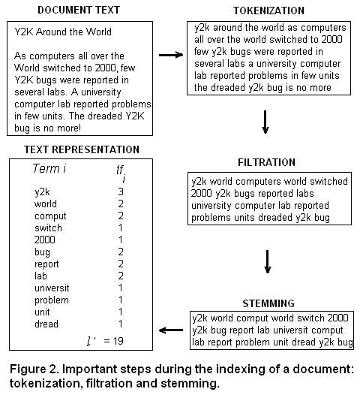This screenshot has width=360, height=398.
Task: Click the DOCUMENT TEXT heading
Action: (x=79, y=10)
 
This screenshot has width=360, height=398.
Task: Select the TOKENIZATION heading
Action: (x=268, y=11)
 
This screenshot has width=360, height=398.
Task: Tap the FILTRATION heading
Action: (x=266, y=162)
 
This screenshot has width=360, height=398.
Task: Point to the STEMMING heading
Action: (x=268, y=303)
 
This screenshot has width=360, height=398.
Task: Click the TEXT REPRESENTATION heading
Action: (x=82, y=149)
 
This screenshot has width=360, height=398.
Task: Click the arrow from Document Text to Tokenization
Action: (x=171, y=55)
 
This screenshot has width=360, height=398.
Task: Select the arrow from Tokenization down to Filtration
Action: (x=265, y=122)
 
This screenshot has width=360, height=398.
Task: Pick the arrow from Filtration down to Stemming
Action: (x=268, y=261)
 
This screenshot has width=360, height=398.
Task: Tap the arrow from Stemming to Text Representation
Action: (x=171, y=330)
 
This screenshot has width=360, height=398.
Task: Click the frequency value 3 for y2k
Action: (x=121, y=191)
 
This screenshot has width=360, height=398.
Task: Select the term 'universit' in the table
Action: (x=52, y=288)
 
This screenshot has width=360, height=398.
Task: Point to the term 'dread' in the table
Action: (x=46, y=324)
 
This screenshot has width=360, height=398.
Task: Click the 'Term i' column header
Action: (x=49, y=168)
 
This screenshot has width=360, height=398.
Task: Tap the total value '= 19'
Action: (x=114, y=341)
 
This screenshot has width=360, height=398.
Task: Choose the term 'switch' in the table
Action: (x=48, y=228)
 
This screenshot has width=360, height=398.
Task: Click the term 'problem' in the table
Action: (x=52, y=300)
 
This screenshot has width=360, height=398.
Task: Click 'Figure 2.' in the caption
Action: (x=34, y=369)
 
